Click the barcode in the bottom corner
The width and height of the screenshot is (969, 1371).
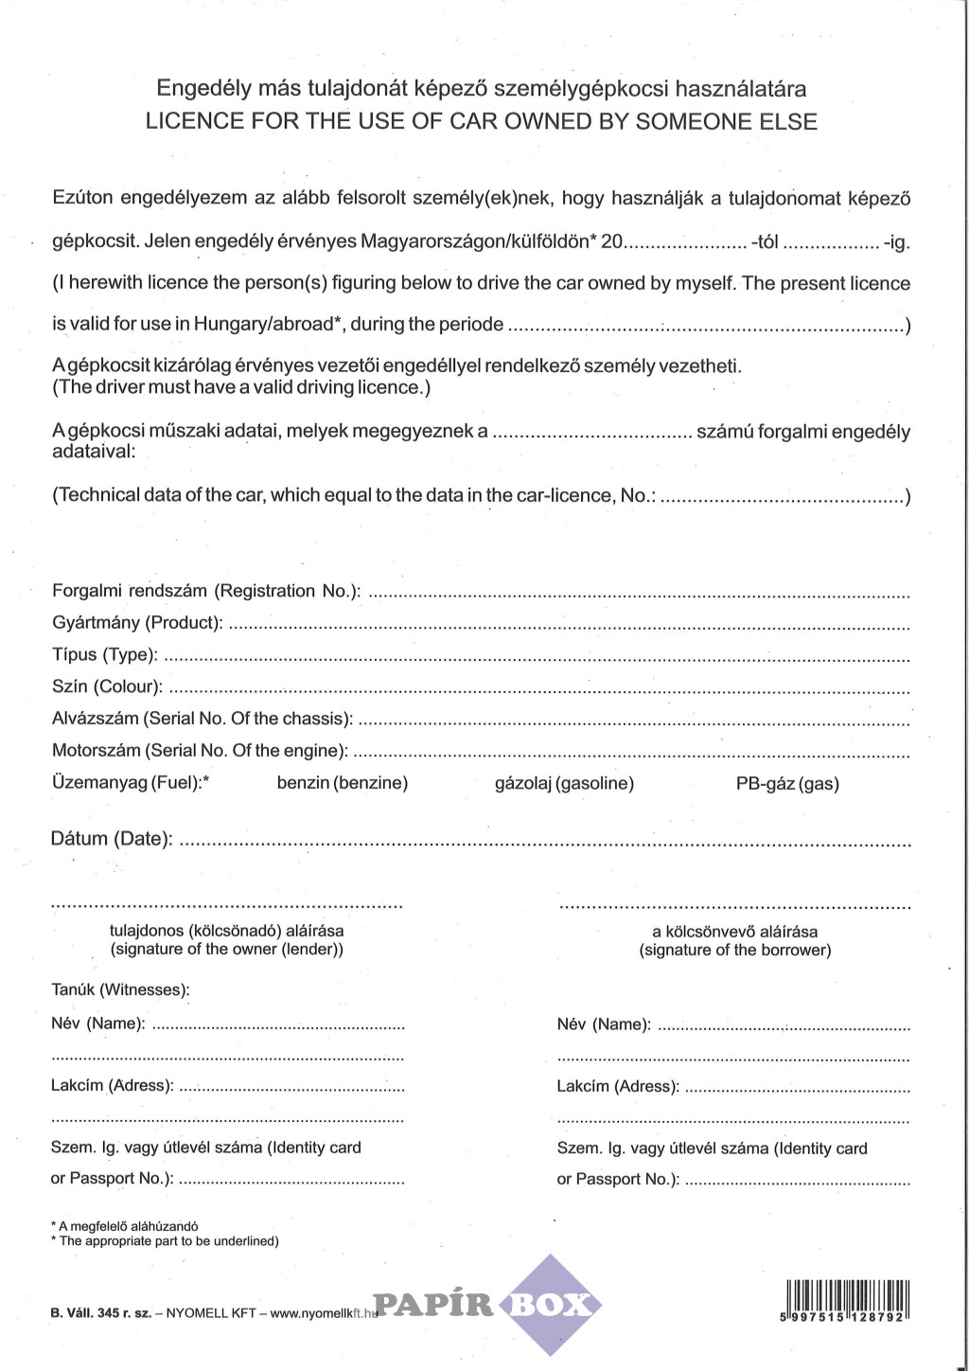[x=847, y=1299]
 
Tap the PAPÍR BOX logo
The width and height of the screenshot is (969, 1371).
[x=487, y=1305]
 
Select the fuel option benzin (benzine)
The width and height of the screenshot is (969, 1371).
[x=343, y=783]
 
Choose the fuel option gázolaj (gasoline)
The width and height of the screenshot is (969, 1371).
[x=564, y=783]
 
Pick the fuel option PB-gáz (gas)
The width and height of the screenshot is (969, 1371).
[x=787, y=783]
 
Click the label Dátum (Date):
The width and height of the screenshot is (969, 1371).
[x=112, y=839]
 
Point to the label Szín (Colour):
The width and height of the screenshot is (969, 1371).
[x=107, y=686]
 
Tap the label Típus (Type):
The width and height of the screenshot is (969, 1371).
[x=104, y=654]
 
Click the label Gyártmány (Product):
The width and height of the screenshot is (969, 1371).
[x=137, y=622]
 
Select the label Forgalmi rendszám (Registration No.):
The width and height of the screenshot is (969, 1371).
[x=206, y=591]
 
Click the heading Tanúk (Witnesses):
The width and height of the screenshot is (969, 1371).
[x=120, y=990]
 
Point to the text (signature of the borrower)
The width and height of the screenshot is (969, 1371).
[x=735, y=950]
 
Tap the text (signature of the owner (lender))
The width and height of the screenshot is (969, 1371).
[x=227, y=949]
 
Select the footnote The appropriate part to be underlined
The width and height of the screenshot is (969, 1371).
[x=168, y=1241]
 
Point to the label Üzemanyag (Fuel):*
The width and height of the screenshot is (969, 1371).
[x=131, y=783]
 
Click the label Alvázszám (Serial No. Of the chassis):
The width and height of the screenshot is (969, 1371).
[x=203, y=719]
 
